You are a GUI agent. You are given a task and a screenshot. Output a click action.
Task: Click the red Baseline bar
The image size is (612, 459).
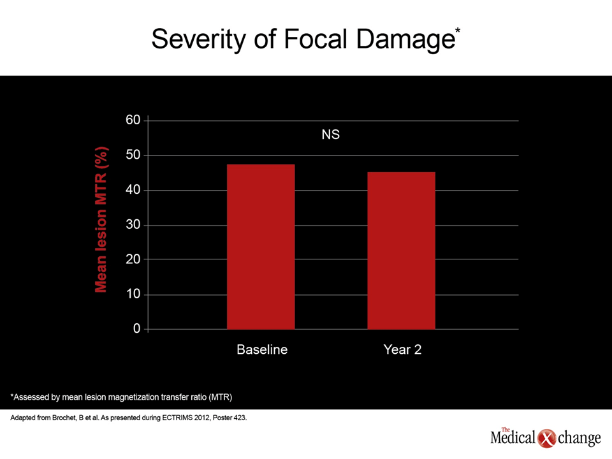coord(261,247)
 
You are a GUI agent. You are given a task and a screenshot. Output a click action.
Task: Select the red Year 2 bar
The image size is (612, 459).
coord(401,251)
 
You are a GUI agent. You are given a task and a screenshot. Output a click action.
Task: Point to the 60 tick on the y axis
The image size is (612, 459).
coord(133,120)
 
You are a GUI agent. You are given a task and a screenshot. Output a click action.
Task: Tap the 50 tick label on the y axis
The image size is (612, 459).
coord(133,155)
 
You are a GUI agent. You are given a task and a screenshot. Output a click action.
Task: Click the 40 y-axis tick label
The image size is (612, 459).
coord(133,190)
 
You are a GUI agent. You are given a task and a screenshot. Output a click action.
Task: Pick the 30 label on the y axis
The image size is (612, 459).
coord(133,224)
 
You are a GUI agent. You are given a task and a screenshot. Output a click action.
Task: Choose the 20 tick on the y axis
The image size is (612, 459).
coord(133,259)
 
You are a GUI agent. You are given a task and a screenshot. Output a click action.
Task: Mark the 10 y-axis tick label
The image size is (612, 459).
coord(133,294)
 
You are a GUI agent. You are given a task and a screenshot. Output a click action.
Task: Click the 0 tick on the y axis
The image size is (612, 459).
coord(136,329)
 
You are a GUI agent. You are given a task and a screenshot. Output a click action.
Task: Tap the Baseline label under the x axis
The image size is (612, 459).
coord(262,349)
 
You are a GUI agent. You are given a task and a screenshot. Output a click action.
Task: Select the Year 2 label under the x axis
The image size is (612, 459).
coord(402,349)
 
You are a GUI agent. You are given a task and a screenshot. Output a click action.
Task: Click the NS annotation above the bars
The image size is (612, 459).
coord(331,135)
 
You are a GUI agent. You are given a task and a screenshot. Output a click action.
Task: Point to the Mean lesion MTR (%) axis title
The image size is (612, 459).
coord(101,219)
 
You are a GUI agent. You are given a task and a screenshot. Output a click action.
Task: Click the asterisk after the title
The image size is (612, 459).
coord(458,31)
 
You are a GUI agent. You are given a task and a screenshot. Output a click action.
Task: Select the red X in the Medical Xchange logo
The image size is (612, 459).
coord(546,439)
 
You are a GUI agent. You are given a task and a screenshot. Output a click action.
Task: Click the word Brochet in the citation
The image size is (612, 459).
coord(64,418)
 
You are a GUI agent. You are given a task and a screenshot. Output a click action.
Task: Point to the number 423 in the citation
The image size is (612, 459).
coord(240,418)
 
